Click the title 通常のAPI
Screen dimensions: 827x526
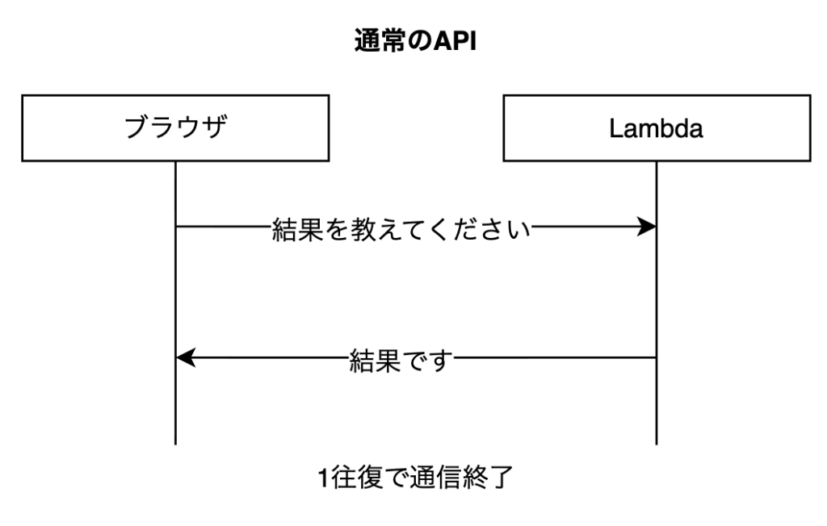point(415,40)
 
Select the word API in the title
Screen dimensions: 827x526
point(455,41)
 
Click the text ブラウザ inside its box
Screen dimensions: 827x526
point(175,127)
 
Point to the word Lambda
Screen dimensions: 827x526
point(656,128)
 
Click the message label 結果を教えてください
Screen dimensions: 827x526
point(401,229)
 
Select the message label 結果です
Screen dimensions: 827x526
point(401,361)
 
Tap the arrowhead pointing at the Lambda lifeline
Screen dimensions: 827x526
point(647,227)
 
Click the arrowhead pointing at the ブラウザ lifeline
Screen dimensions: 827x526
point(186,358)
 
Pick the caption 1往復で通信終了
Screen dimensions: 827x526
point(415,478)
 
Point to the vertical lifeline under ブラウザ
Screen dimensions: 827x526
point(175,303)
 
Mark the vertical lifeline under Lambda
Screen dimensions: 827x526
point(657,303)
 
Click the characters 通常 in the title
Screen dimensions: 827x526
point(380,40)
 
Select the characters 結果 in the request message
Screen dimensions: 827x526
point(297,229)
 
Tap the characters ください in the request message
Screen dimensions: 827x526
point(479,229)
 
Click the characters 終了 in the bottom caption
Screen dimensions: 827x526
point(487,478)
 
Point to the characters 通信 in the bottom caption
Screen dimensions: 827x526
point(435,478)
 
